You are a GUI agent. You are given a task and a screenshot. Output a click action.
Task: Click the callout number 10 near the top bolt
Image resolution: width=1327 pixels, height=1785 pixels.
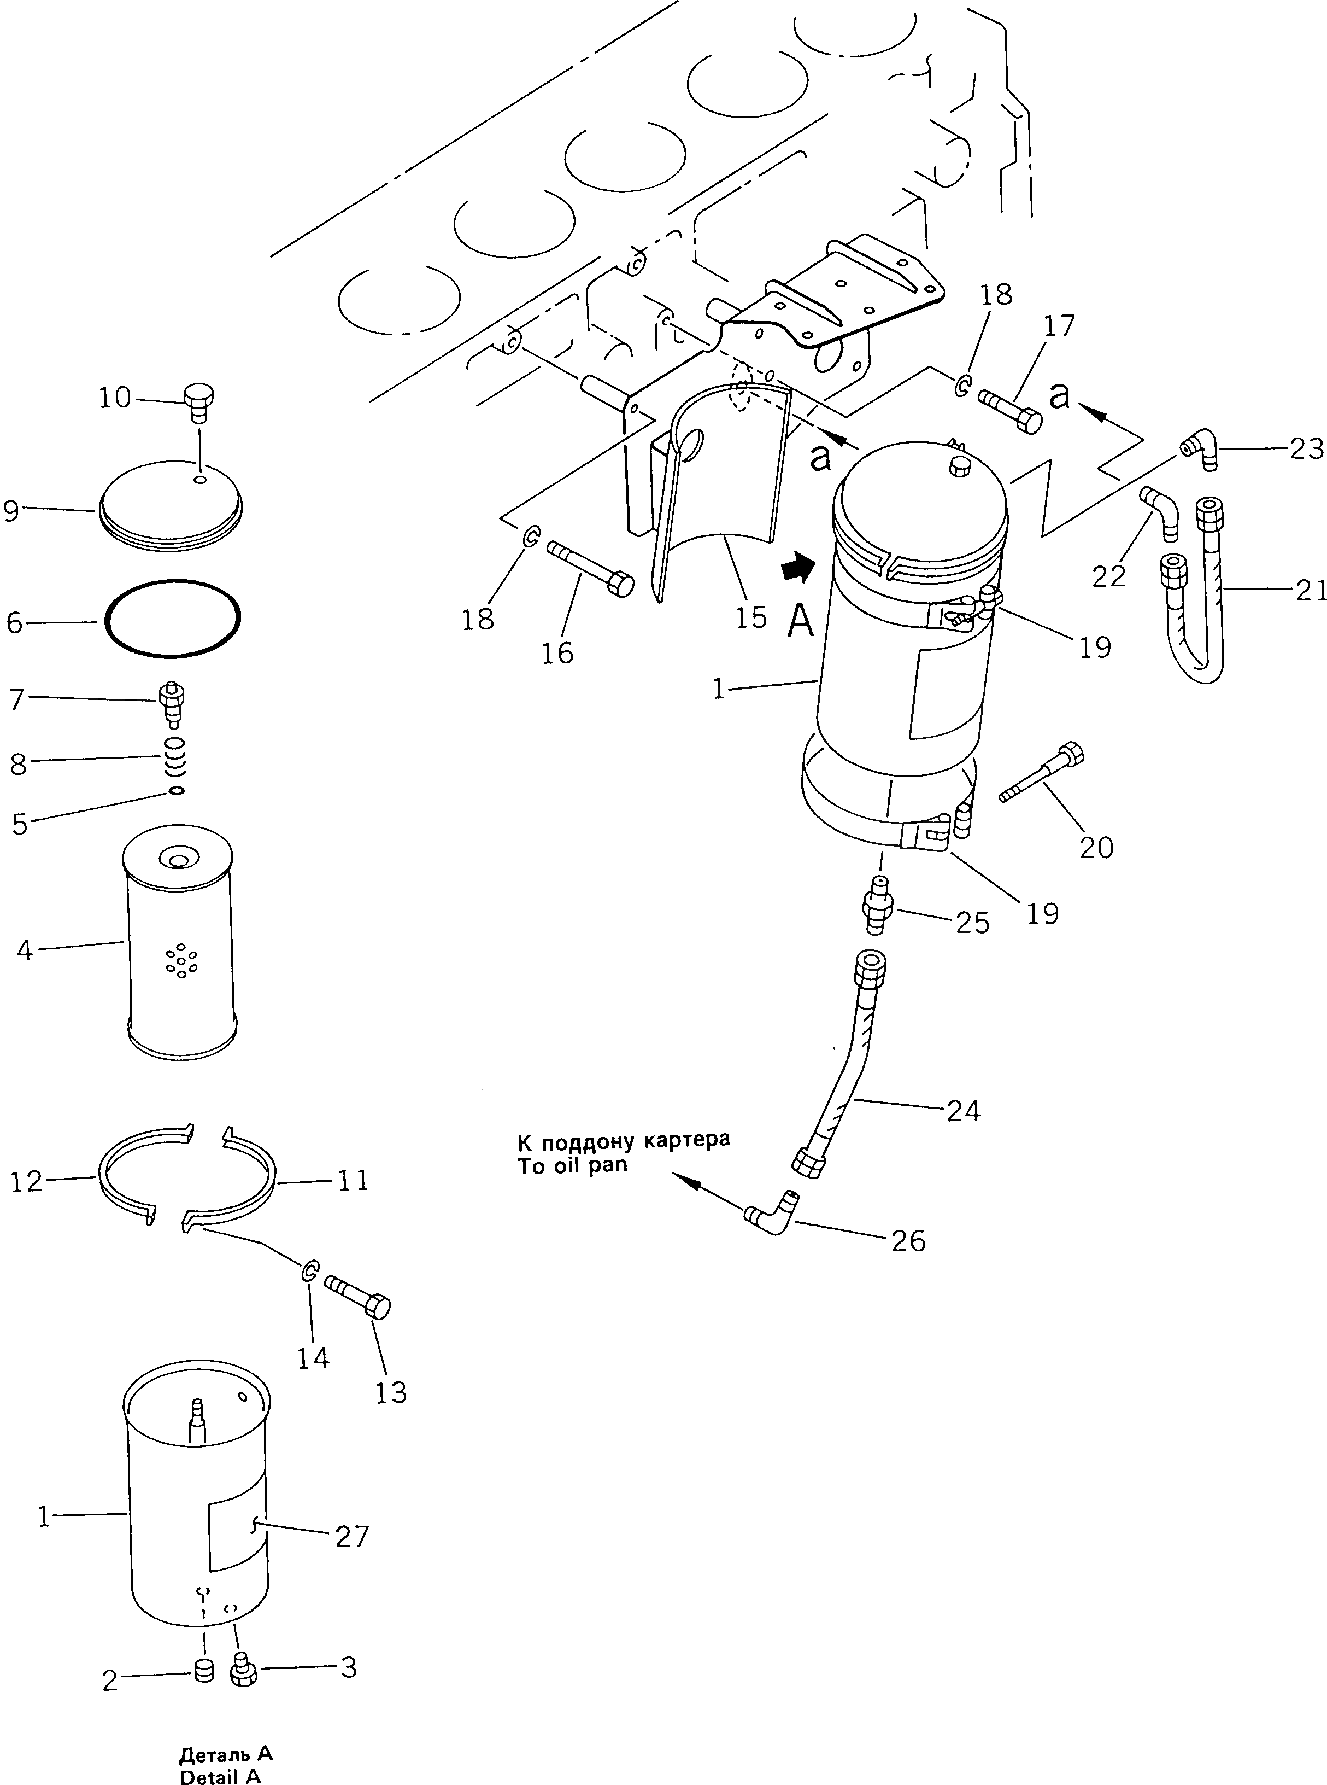coord(114,398)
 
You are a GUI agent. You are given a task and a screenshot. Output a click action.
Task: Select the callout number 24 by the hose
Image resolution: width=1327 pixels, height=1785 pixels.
coord(963,1111)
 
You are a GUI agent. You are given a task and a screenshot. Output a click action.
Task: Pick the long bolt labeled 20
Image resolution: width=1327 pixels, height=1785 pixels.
coord(1041,773)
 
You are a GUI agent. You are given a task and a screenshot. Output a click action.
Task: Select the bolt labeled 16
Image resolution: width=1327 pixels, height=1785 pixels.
coord(590,568)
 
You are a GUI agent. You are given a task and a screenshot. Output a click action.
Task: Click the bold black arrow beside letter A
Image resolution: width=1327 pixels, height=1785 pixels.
coord(798,569)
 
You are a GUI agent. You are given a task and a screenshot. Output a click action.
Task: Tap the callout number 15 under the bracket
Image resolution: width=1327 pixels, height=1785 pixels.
coord(750,618)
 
